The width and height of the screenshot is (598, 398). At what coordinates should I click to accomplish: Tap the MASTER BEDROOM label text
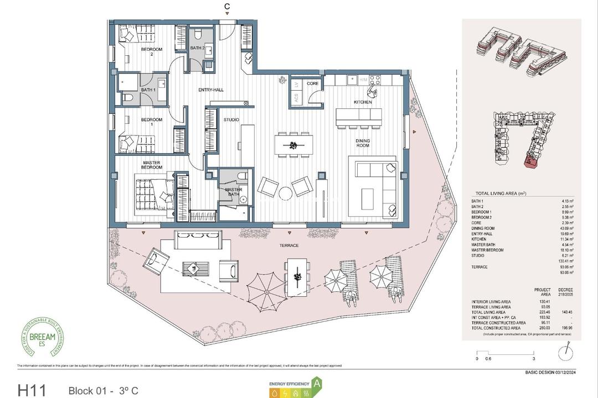click(152, 165)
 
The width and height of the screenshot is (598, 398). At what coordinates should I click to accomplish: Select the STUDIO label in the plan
click(231, 119)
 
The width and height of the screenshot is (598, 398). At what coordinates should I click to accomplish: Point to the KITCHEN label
click(363, 102)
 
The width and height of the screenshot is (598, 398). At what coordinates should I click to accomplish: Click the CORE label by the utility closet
click(313, 83)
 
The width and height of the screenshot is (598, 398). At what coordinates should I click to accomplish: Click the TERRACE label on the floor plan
click(289, 245)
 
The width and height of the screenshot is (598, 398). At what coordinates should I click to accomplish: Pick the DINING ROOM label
click(363, 143)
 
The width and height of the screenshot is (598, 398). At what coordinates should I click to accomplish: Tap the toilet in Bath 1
click(127, 98)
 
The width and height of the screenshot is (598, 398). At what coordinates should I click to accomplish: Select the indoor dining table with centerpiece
click(293, 145)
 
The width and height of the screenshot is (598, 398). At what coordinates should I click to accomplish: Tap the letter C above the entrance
click(226, 7)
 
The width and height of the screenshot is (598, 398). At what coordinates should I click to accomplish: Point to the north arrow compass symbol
click(565, 352)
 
